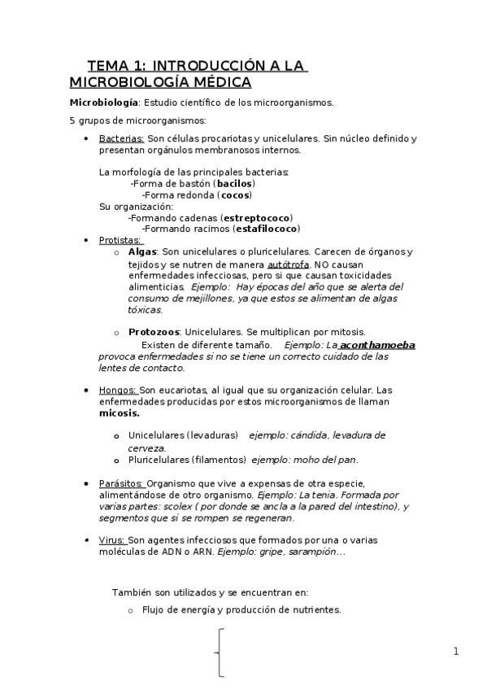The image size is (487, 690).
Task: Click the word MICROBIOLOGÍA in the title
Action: [x=120, y=82]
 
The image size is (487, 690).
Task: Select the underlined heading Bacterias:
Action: [x=121, y=138]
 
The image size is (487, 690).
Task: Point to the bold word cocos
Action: [x=235, y=195]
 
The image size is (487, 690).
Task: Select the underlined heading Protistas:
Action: [x=120, y=240]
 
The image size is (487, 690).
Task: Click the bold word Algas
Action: [x=142, y=252]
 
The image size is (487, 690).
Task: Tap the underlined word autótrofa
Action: [x=287, y=264]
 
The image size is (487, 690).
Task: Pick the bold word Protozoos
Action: [x=154, y=332]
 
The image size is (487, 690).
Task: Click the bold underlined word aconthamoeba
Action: [x=377, y=344]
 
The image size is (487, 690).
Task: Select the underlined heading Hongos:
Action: [x=117, y=390]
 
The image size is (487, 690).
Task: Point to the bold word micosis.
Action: [x=119, y=413]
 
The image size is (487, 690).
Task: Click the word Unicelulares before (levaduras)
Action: [x=155, y=435]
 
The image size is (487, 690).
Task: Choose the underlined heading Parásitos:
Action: [x=121, y=483]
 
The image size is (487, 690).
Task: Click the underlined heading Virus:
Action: [x=112, y=539]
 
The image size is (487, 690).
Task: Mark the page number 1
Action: [x=456, y=651]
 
